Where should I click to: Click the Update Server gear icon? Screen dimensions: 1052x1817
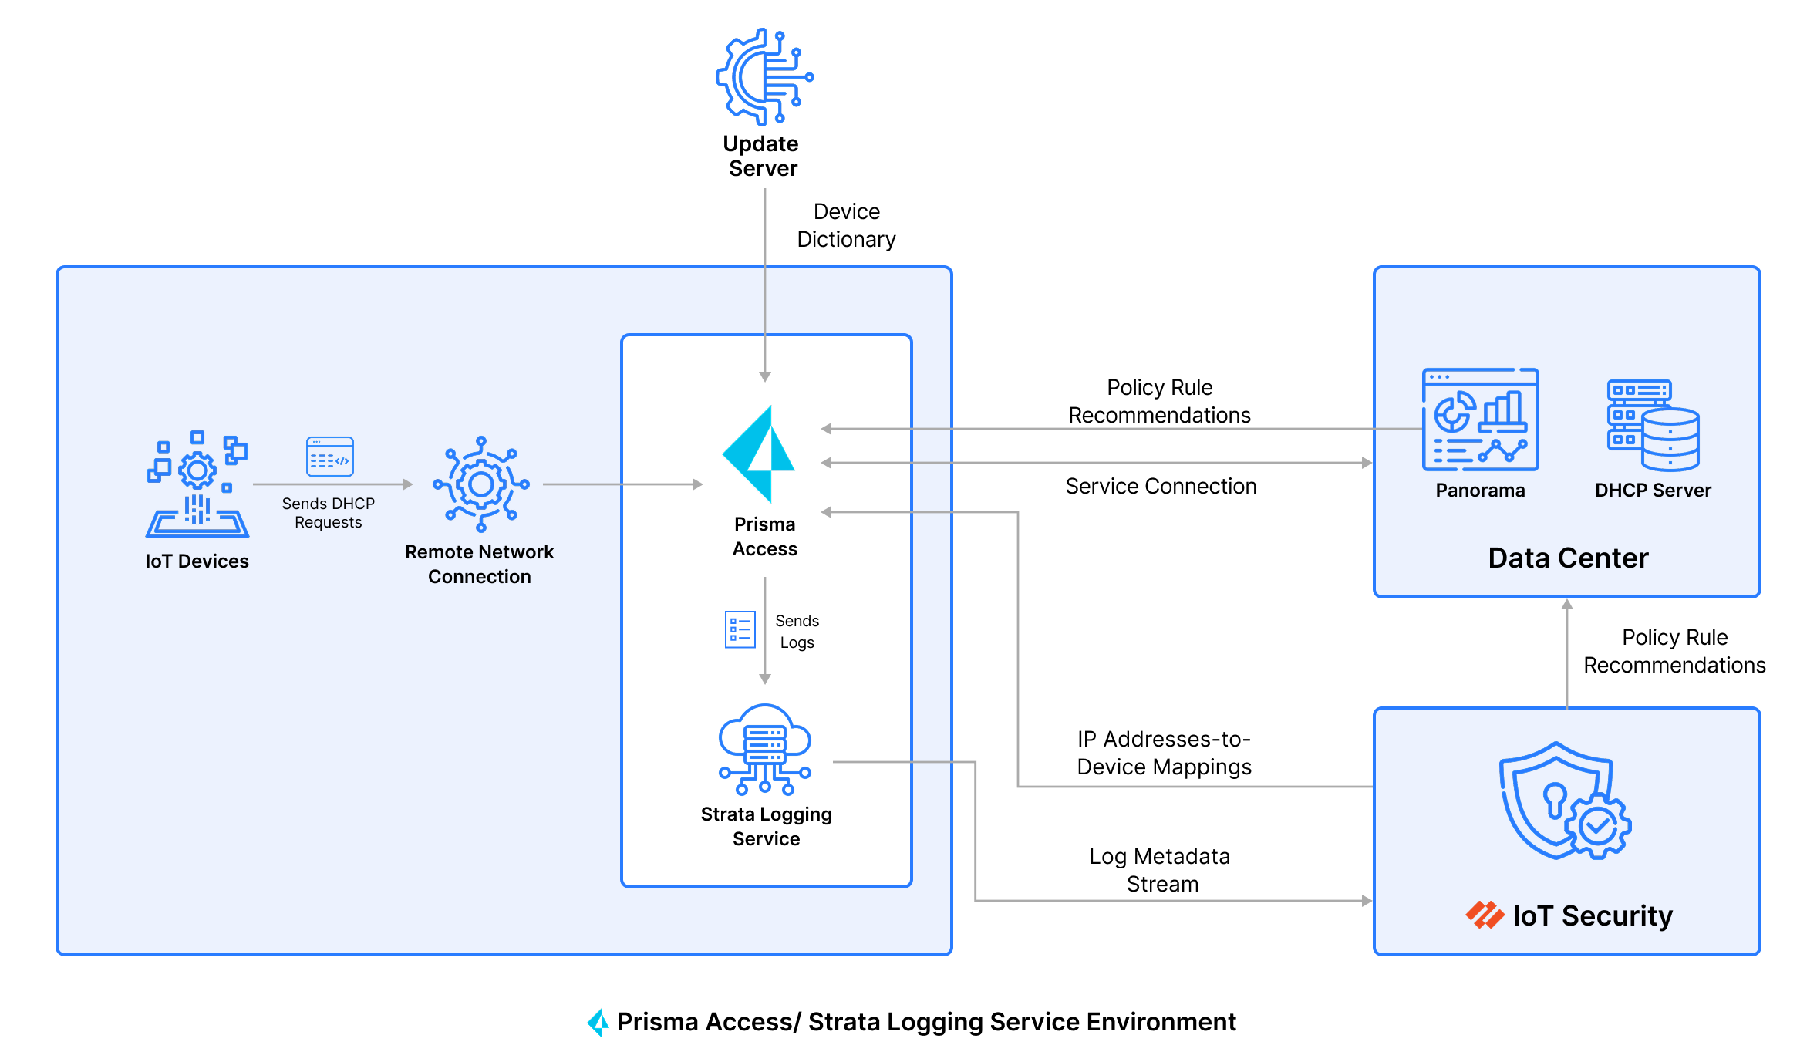tap(764, 77)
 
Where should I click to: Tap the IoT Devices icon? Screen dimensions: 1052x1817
tap(197, 484)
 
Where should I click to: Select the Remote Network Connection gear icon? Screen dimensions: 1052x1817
tap(481, 484)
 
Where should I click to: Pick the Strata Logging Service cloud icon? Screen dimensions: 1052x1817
tap(764, 748)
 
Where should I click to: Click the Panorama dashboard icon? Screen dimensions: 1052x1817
tap(1480, 420)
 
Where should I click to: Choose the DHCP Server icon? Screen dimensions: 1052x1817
tap(1653, 425)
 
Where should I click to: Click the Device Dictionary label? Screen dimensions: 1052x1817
tap(846, 225)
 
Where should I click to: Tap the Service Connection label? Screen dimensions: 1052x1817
tap(1161, 486)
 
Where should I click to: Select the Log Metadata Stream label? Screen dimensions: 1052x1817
tap(1161, 870)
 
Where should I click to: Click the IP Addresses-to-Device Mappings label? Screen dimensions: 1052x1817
tap(1164, 753)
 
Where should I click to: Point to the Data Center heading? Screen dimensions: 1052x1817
tap(1568, 558)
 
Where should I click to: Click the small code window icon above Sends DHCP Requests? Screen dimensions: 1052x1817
tap(330, 457)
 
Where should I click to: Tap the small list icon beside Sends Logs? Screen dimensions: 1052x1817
tap(740, 629)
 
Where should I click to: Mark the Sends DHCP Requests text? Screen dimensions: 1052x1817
tap(328, 513)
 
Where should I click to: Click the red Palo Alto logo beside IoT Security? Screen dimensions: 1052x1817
tap(1485, 915)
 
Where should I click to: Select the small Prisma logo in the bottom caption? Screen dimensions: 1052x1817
tap(598, 1022)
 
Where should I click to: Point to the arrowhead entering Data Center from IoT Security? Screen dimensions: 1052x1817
tap(1567, 605)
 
